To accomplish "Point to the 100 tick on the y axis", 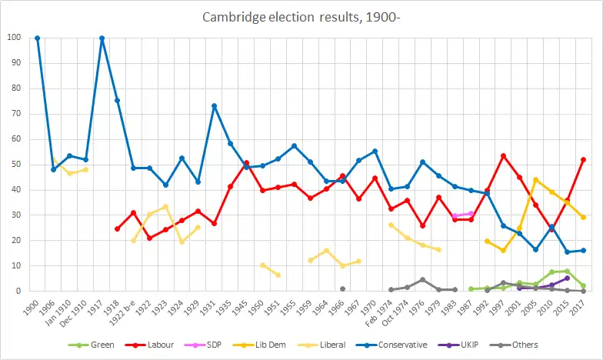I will tap(14, 38).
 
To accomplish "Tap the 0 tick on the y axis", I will tap(18, 292).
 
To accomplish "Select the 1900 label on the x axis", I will tap(34, 305).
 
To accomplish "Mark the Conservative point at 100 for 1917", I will tap(102, 38).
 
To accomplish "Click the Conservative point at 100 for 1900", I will tap(37, 38).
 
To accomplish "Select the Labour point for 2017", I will tap(583, 159).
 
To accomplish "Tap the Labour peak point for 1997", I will tap(503, 155).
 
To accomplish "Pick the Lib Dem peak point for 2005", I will tap(535, 180).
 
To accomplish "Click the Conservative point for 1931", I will tap(214, 105).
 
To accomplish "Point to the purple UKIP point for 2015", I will tap(567, 278).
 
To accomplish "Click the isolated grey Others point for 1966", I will tap(342, 289).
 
